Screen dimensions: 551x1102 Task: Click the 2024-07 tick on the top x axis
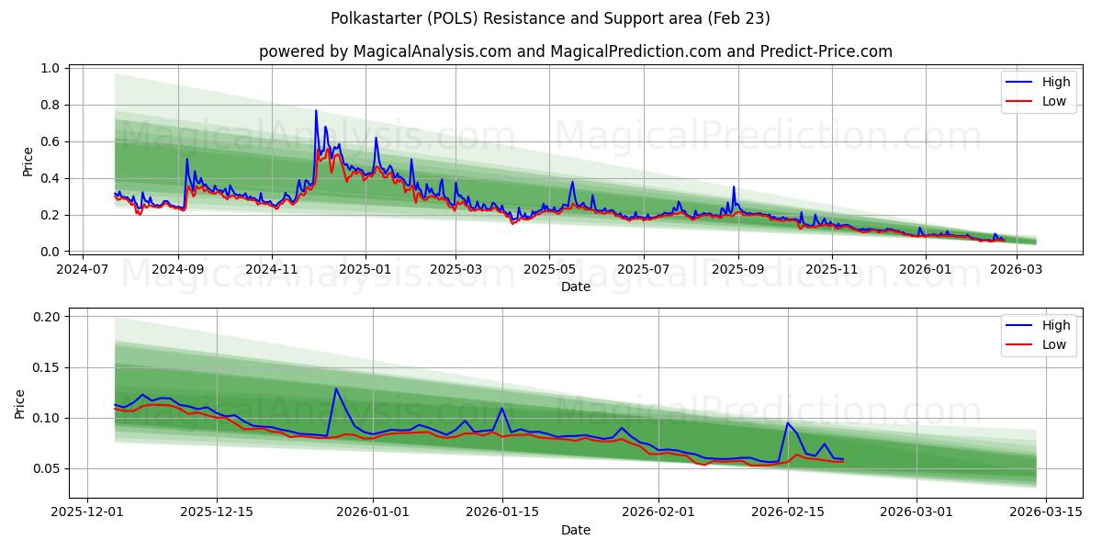click(84, 270)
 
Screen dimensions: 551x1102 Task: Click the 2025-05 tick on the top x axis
click(549, 270)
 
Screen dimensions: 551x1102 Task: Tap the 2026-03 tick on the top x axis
click(1016, 270)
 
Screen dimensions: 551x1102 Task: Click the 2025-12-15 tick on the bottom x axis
click(217, 513)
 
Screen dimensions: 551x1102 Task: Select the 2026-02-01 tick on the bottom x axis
click(659, 513)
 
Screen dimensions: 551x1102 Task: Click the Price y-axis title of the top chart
click(28, 162)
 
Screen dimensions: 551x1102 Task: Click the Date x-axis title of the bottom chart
click(575, 530)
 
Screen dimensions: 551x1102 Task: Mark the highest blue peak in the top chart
click(316, 111)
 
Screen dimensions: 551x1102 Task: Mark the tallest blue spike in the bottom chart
click(336, 388)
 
